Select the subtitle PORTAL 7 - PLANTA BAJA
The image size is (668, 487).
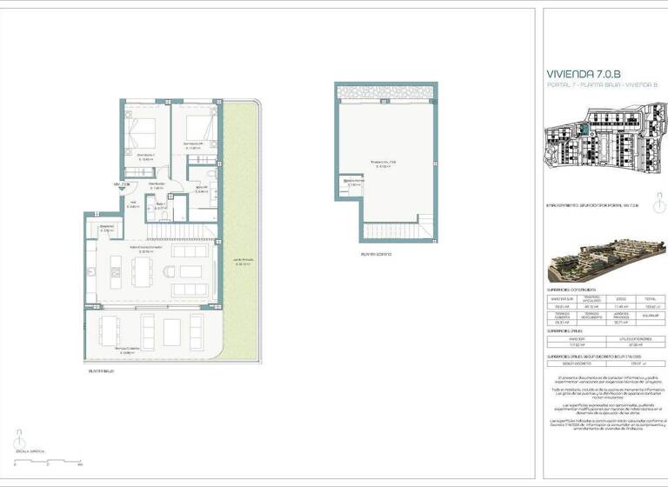coord(589,85)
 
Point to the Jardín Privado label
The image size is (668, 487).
coord(242,262)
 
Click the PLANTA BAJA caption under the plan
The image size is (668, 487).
coord(101,371)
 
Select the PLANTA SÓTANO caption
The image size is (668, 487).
coord(376,254)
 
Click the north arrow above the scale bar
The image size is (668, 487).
coord(19,437)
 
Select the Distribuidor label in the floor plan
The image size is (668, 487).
coord(157,183)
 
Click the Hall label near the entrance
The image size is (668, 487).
coord(134,203)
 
